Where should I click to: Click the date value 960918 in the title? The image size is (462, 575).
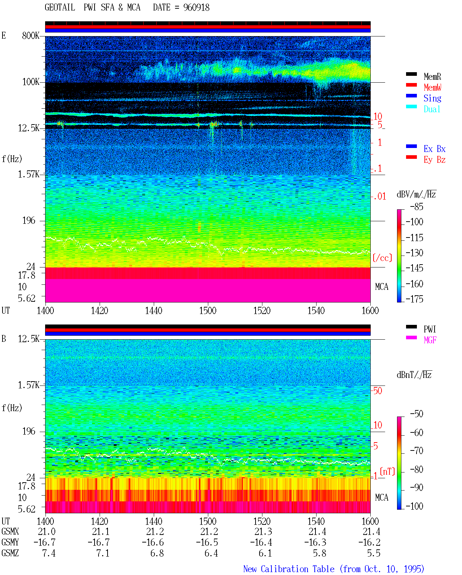click(x=196, y=8)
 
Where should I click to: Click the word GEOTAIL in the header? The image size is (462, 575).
click(x=60, y=8)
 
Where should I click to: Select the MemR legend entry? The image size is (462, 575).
click(x=432, y=77)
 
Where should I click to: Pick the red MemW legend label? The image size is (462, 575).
click(x=432, y=87)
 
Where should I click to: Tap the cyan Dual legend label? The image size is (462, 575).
click(x=432, y=109)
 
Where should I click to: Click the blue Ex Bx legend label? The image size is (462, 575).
click(x=434, y=149)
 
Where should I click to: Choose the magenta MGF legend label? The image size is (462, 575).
click(x=430, y=340)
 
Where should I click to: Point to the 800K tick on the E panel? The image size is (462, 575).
click(x=31, y=35)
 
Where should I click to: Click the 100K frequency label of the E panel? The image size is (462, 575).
click(x=31, y=82)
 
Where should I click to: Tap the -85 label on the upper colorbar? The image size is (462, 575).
click(x=417, y=206)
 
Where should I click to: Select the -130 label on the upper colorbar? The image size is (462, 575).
click(x=414, y=253)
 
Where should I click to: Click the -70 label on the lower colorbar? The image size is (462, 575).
click(x=417, y=451)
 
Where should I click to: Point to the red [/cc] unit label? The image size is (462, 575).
click(x=382, y=258)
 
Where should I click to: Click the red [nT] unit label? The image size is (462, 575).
click(x=387, y=471)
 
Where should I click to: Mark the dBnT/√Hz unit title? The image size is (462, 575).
click(x=414, y=375)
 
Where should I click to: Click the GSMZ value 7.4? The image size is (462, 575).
click(x=49, y=553)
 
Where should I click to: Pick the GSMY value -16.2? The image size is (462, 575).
click(x=369, y=543)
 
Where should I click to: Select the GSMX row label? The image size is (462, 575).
click(x=10, y=531)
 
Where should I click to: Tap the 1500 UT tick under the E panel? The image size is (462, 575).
click(x=208, y=310)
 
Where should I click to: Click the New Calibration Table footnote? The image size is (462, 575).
click(x=334, y=569)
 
